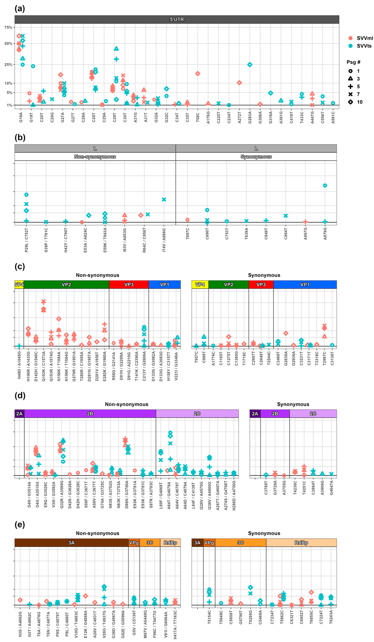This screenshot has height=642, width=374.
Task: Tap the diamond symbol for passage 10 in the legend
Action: pos(351,102)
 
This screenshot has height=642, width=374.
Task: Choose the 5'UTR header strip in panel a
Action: pos(177,19)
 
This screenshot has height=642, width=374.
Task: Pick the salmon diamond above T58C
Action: pos(198,74)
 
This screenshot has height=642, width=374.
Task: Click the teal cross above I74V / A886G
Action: pos(164,200)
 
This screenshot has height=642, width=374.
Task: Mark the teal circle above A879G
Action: pos(325,185)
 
